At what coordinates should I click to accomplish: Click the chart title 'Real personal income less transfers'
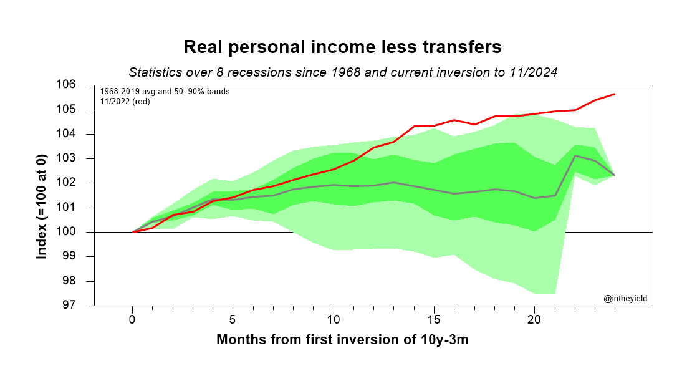(x=342, y=47)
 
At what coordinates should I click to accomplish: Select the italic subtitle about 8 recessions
(x=342, y=72)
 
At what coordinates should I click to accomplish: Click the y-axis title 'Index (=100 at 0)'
(x=42, y=195)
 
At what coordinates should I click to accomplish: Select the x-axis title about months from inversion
(x=342, y=340)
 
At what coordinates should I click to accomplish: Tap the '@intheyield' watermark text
(x=625, y=299)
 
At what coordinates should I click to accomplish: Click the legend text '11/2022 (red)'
(x=125, y=101)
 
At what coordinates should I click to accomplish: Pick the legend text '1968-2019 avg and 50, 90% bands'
(x=165, y=92)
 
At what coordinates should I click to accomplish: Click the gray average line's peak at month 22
(x=575, y=156)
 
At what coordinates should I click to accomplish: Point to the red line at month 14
(x=414, y=127)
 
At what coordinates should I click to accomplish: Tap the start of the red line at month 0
(x=133, y=232)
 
